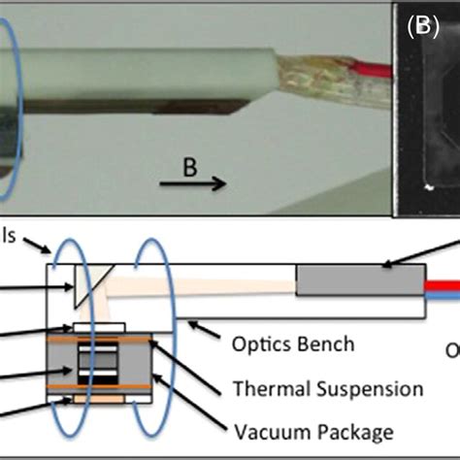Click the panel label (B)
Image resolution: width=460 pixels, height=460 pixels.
click(x=422, y=26)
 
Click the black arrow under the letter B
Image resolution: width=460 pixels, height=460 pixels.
click(x=205, y=182)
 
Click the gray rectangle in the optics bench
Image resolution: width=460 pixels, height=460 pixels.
click(x=360, y=281)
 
